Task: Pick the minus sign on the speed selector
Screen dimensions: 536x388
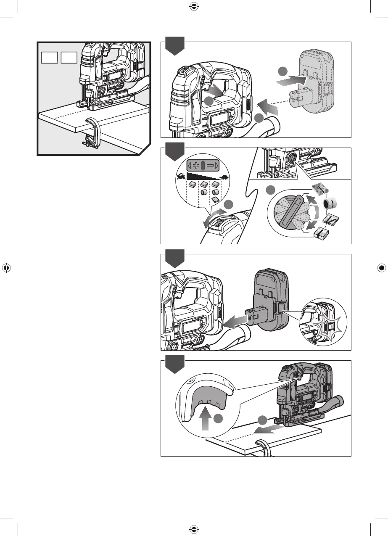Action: [209, 165]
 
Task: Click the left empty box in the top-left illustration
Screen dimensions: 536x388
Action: [49, 57]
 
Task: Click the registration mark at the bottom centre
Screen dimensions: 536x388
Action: [194, 529]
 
